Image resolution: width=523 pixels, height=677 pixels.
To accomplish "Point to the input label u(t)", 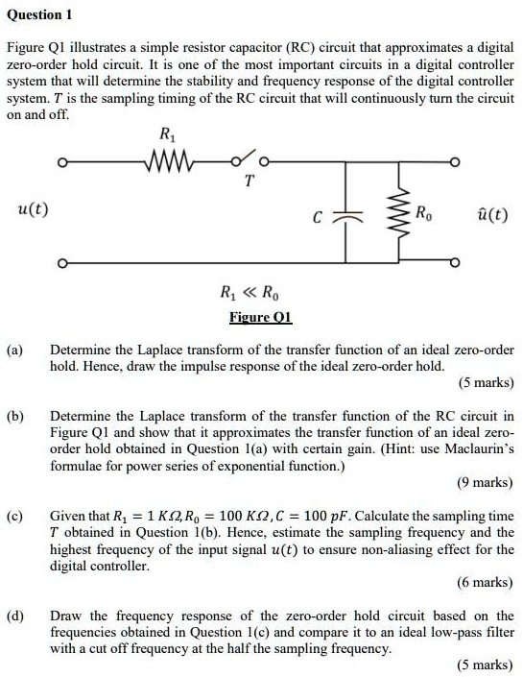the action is coord(35,209).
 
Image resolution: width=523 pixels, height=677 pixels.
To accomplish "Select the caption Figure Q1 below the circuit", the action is coord(260,318).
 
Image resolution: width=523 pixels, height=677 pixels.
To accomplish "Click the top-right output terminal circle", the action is coord(458,161).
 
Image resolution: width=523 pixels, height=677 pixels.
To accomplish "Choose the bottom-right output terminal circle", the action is coord(458,262).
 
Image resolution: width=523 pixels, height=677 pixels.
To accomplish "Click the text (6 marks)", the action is coord(486,583).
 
